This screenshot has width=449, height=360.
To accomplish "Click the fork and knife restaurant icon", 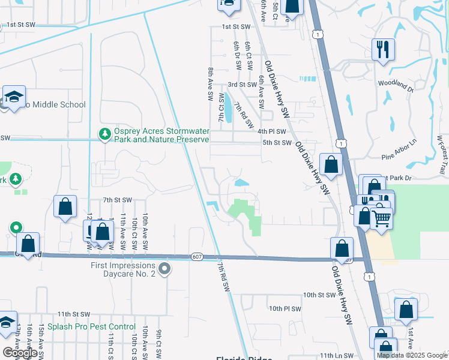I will coord(383,49).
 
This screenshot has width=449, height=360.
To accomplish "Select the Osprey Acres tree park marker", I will coord(105,134).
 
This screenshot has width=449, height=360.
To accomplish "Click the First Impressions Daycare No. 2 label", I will coord(123,269).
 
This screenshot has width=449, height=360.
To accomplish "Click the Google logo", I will coord(20,352).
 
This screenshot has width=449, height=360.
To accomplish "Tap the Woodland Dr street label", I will coord(396,86).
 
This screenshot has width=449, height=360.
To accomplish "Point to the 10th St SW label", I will coord(319,295).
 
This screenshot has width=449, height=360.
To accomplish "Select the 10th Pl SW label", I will coord(285,308).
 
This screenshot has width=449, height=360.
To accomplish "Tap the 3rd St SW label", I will coord(241,85).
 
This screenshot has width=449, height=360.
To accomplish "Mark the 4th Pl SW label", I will coord(272,131).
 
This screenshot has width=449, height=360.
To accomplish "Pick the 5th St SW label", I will coord(277,143).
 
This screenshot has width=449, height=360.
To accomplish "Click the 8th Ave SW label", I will coord(211,82).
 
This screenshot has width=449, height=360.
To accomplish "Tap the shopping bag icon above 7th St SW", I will coord(65,206).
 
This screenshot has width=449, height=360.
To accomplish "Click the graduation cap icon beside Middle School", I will coord(13,96).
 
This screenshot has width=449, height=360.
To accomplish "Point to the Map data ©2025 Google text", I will coord(411,355).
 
